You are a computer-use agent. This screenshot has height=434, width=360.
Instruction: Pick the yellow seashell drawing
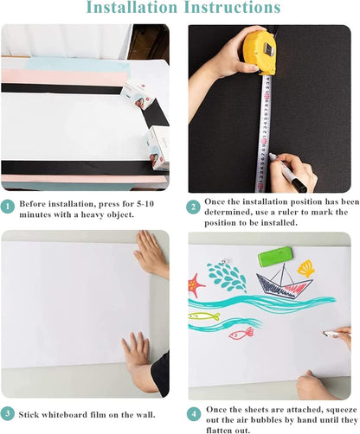(305, 269)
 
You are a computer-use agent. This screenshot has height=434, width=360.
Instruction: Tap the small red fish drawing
(241, 332)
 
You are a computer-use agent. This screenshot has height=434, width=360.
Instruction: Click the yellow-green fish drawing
(204, 316)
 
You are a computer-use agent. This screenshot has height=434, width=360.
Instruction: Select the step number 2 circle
(193, 207)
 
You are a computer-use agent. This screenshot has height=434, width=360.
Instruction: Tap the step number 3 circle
(9, 413)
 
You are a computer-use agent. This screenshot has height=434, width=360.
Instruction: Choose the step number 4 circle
(193, 412)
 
